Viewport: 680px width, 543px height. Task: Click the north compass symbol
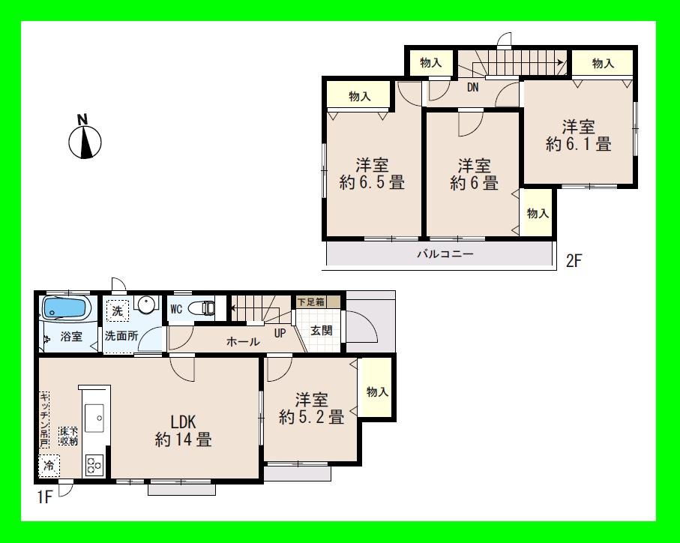point(85,139)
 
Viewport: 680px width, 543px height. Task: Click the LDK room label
point(183,420)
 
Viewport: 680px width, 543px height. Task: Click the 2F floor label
point(574,262)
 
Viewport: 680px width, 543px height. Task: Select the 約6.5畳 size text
point(372,182)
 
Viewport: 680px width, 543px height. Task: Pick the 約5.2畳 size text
point(311,417)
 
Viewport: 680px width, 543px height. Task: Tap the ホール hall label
point(243,341)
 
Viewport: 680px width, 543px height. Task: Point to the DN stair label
point(473,87)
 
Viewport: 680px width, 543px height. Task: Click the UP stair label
point(280,332)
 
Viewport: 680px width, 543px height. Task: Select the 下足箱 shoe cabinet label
point(310,302)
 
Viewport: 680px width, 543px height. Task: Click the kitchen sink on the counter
point(97,418)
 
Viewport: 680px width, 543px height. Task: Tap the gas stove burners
point(94,464)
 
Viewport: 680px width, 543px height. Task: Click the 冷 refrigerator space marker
point(47,465)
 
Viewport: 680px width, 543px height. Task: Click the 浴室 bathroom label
point(72,337)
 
